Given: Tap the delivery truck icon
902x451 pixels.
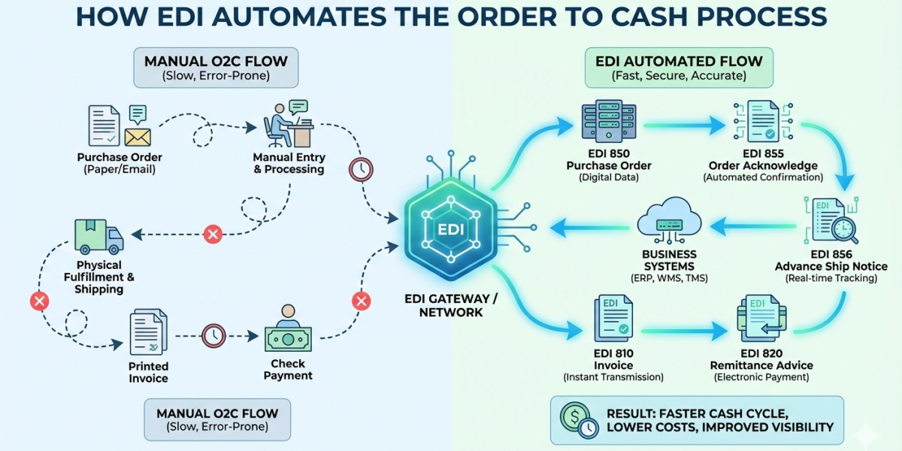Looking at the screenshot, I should click(98, 237).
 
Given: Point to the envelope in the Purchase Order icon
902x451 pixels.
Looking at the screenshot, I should click(138, 137).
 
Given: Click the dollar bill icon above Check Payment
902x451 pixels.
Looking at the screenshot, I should click(288, 340).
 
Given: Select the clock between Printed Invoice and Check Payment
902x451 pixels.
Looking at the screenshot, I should click(213, 334).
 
